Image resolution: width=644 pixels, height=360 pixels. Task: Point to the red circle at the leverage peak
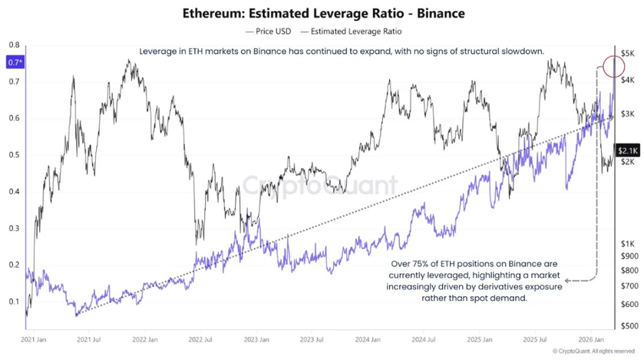(614, 67)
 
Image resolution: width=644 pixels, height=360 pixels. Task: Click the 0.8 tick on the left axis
(14, 45)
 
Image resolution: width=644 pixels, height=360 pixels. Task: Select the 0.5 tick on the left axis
(14, 154)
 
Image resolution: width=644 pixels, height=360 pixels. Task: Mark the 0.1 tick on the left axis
(14, 301)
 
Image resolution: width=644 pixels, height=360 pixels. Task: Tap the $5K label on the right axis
(628, 53)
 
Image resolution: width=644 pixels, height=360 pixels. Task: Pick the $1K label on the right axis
(628, 243)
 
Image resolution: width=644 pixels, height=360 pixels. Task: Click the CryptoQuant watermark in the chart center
(321, 185)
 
